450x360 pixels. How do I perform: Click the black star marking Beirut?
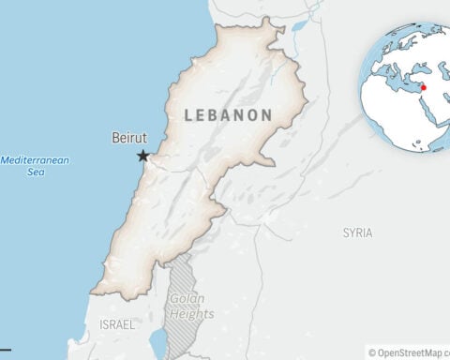142,156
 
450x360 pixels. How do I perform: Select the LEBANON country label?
229,114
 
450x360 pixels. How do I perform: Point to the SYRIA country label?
357,232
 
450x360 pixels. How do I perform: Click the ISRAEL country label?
116,324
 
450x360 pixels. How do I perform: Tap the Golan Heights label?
191,307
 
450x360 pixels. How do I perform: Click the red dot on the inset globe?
424,87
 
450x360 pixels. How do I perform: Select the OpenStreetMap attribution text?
413,352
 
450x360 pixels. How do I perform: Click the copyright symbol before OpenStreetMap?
372,352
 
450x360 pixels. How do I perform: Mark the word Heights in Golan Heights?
191,314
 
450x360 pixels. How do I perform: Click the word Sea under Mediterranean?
36,172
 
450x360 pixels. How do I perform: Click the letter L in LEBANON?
189,114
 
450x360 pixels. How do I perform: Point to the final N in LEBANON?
267,114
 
